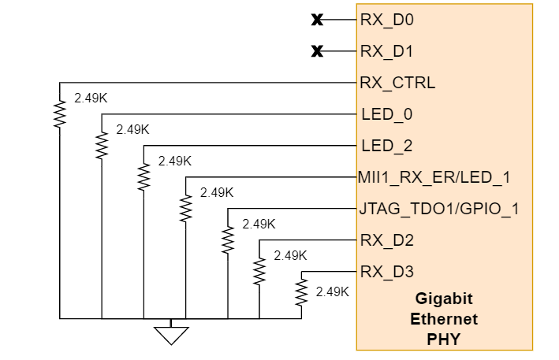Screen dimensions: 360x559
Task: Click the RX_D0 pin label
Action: pyautogui.click(x=386, y=20)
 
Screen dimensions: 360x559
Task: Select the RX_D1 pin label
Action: pyautogui.click(x=386, y=51)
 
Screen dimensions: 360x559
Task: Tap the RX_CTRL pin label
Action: pyautogui.click(x=397, y=83)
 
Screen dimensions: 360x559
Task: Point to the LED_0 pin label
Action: pyautogui.click(x=386, y=114)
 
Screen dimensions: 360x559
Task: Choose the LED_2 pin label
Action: pyautogui.click(x=386, y=146)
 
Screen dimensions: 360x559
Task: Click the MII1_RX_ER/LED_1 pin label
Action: pyautogui.click(x=434, y=177)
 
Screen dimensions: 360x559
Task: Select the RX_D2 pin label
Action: pyautogui.click(x=386, y=239)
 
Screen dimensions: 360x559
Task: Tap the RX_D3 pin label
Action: pyautogui.click(x=386, y=272)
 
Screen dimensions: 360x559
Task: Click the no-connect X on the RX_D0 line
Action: pyautogui.click(x=317, y=20)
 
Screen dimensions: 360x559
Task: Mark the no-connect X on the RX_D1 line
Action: pyautogui.click(x=317, y=52)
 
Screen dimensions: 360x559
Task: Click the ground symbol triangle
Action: pyautogui.click(x=171, y=335)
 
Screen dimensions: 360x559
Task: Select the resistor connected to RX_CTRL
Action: pyautogui.click(x=59, y=113)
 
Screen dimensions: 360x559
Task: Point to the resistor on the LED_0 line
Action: pyautogui.click(x=101, y=145)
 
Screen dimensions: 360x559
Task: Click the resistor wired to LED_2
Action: pyautogui.click(x=143, y=176)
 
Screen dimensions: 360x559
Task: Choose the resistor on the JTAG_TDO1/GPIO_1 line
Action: pyautogui.click(x=228, y=239)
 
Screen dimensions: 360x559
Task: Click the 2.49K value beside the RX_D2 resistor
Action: pyautogui.click(x=290, y=255)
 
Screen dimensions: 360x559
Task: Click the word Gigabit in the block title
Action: pyautogui.click(x=443, y=299)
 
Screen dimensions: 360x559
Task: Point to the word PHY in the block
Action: pyautogui.click(x=443, y=340)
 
